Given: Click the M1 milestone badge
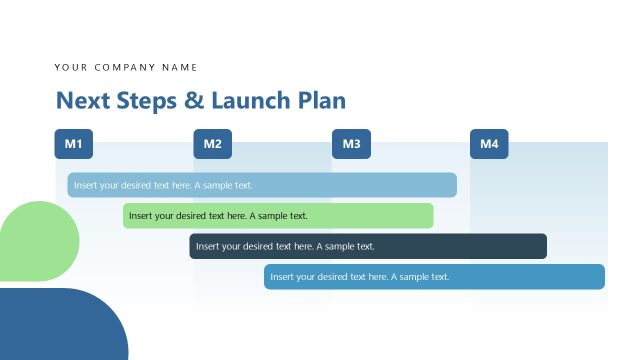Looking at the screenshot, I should tap(73, 144).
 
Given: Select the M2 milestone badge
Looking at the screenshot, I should tap(212, 144).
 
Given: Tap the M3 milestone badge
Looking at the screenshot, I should tap(351, 144).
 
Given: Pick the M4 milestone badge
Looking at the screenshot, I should tap(489, 144).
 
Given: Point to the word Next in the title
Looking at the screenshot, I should tap(77, 100).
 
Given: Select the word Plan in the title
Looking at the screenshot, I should tap(321, 100).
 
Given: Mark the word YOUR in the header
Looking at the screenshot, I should tap(71, 67).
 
